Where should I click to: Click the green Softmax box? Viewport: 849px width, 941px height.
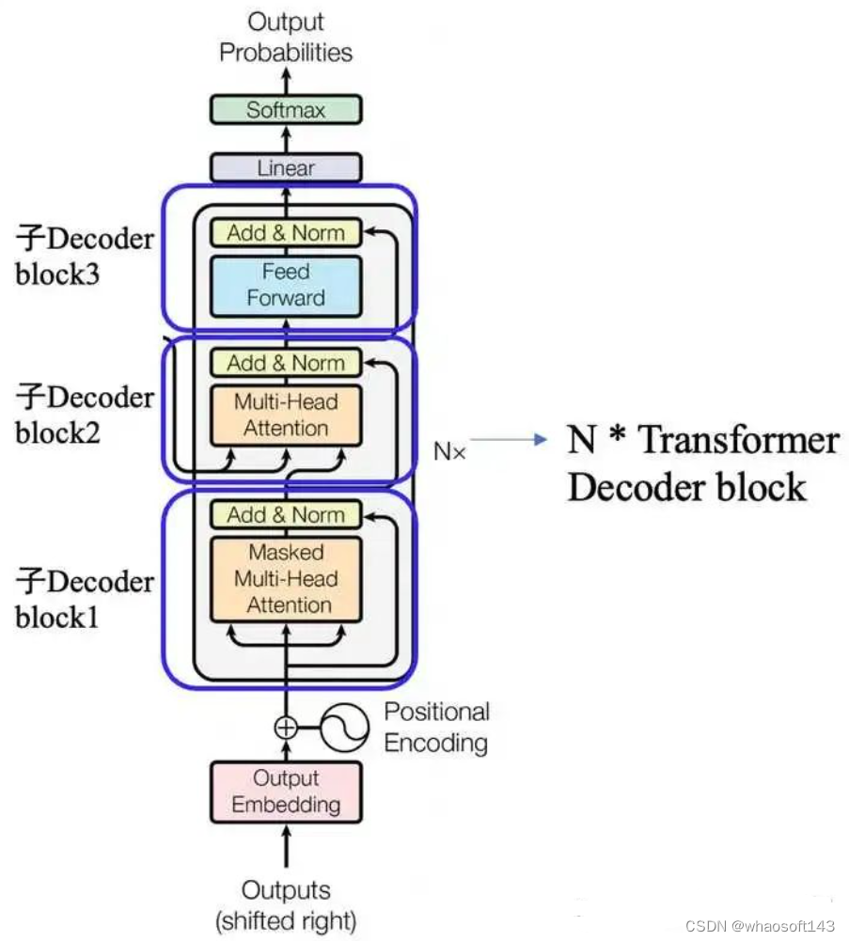click(285, 110)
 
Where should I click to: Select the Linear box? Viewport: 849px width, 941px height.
click(285, 168)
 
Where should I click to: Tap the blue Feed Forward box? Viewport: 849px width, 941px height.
click(285, 285)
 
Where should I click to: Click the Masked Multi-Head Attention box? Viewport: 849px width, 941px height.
click(285, 579)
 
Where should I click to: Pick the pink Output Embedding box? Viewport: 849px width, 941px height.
click(285, 792)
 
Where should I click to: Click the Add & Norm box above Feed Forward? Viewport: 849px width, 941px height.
click(285, 232)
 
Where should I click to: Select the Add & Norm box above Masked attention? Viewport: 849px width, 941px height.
click(285, 515)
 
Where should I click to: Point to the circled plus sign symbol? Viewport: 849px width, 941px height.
click(285, 727)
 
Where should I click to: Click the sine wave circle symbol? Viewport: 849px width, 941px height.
click(345, 727)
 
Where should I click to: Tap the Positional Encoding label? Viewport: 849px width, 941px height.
click(436, 728)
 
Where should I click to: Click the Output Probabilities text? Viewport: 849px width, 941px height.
click(286, 38)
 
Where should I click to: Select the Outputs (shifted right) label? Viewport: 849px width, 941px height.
click(286, 905)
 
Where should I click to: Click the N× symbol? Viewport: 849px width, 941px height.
click(449, 451)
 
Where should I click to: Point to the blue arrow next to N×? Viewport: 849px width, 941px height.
click(509, 440)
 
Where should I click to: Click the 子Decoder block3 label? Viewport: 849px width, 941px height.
click(84, 257)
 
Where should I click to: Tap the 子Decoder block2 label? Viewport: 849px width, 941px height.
click(84, 415)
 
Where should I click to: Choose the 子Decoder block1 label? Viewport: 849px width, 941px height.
click(84, 599)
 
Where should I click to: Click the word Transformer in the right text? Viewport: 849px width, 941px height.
click(739, 440)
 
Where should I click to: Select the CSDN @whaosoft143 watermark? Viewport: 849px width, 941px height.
click(760, 926)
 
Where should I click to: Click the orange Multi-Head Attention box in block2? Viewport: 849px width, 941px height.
click(285, 416)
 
